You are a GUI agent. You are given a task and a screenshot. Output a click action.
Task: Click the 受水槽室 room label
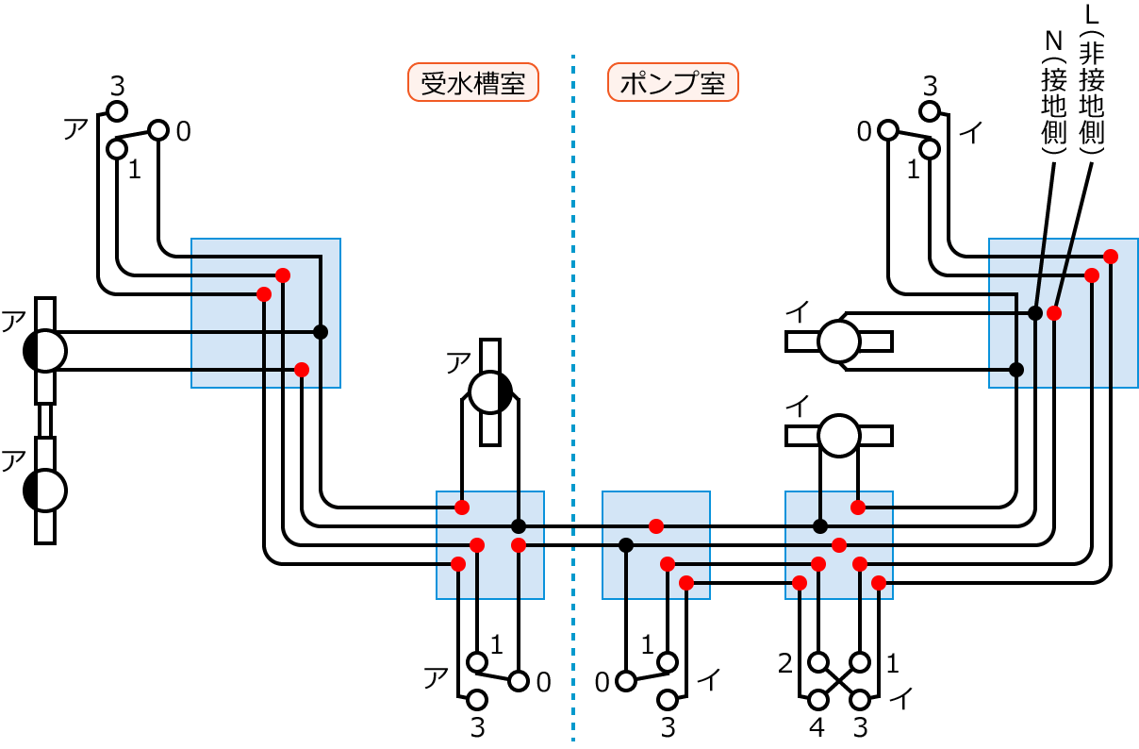[x=472, y=83]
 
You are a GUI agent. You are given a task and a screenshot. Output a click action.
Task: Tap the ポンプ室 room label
[x=672, y=83]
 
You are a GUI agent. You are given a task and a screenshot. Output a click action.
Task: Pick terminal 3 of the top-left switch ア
[x=116, y=111]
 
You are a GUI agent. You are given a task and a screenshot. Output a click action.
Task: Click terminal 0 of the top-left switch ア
[x=157, y=130]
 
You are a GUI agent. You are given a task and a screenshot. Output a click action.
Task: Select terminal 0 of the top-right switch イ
[x=887, y=130]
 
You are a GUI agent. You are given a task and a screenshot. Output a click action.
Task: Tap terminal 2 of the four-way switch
[x=817, y=661]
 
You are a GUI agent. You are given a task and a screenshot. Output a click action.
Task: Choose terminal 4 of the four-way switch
[x=817, y=700]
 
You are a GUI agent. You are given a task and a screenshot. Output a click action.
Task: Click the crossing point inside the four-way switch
[x=839, y=680]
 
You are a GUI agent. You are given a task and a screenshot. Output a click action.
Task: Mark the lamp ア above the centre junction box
[x=489, y=391]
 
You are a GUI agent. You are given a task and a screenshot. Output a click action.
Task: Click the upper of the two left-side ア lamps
[x=45, y=351]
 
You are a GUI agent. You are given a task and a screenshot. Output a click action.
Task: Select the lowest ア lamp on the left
[x=45, y=491]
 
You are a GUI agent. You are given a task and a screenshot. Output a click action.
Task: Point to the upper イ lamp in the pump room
[x=838, y=341]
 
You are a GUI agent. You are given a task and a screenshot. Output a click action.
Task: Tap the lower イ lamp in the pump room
[x=838, y=435]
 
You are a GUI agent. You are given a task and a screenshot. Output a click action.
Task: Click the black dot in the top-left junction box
[x=321, y=331]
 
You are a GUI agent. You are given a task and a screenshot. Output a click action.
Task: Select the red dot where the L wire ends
[x=1054, y=312]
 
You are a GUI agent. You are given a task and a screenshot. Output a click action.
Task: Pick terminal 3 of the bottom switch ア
[x=477, y=700]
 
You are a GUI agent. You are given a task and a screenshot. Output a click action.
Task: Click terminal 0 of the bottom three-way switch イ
[x=625, y=680]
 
